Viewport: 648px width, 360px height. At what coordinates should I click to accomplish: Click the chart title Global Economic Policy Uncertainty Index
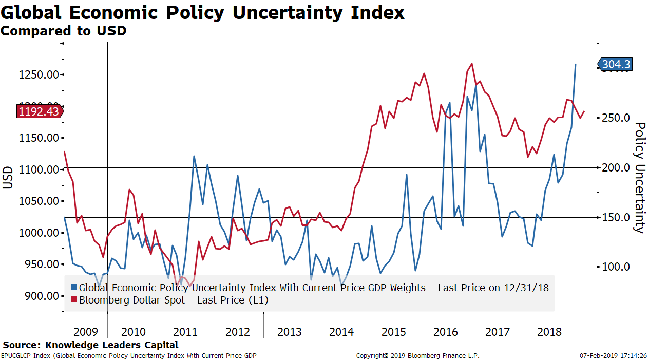[x=202, y=12]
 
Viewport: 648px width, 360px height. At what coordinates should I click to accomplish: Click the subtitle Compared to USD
[x=63, y=31]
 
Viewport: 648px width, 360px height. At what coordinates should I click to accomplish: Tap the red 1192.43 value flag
[x=39, y=111]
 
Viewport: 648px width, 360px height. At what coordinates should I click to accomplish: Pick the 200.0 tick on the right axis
[x=615, y=168]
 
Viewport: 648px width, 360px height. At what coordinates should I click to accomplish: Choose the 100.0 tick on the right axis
[x=615, y=267]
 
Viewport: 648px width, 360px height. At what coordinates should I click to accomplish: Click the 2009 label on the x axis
[x=86, y=332]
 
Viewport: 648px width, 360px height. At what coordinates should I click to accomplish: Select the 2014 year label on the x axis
[x=341, y=332]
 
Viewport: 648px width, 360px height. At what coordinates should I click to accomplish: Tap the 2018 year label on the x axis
[x=549, y=332]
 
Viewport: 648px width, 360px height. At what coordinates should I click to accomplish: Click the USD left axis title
[x=8, y=177]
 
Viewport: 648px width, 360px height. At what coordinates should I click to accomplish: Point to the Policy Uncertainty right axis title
[x=639, y=177]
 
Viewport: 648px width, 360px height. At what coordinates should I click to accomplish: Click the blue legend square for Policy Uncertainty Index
[x=73, y=288]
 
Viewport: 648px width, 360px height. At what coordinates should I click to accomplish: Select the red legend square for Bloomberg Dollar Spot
[x=73, y=300]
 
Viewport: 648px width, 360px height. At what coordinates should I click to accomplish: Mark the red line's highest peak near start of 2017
[x=471, y=64]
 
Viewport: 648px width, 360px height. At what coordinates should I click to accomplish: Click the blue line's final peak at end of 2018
[x=576, y=64]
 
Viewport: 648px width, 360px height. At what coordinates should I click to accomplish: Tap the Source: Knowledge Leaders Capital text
[x=90, y=345]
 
